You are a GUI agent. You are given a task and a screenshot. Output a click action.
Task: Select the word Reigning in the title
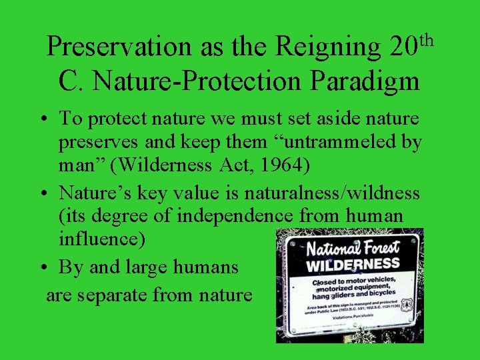pyautogui.click(x=327, y=47)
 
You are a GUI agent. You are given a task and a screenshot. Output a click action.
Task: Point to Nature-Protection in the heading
pyautogui.click(x=198, y=81)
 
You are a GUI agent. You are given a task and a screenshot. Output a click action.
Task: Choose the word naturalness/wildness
pyautogui.click(x=332, y=193)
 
